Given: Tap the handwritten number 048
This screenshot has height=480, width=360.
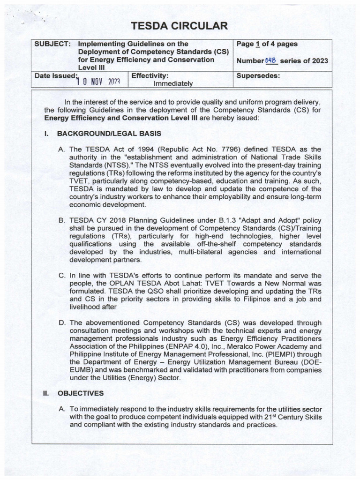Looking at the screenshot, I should pyautogui.click(x=271, y=60).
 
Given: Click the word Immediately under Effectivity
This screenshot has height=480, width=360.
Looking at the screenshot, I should pyautogui.click(x=173, y=83).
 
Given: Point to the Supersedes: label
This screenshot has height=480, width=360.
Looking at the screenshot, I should pyautogui.click(x=258, y=75).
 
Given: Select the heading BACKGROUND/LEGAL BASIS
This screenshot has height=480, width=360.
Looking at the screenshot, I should pyautogui.click(x=109, y=134).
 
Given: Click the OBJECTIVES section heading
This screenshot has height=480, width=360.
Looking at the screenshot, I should pyautogui.click(x=80, y=393).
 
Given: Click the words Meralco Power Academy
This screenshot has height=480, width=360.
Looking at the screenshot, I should pyautogui.click(x=270, y=346).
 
